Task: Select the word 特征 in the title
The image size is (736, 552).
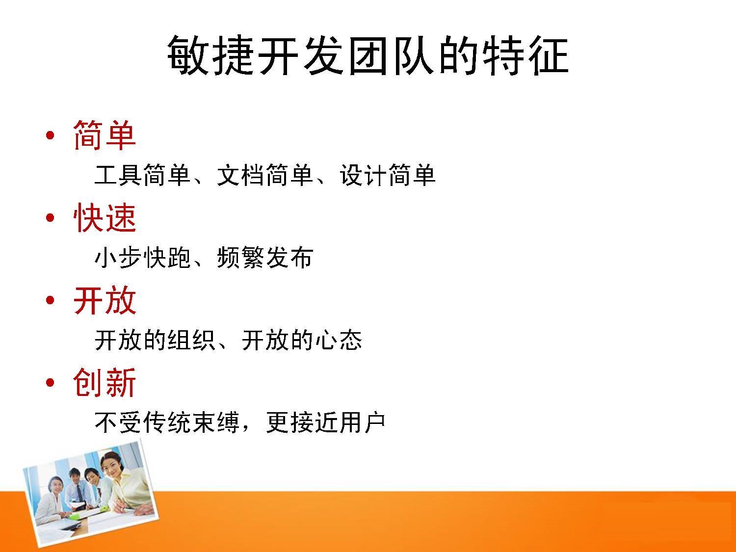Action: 526,55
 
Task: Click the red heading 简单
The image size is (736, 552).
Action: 105,135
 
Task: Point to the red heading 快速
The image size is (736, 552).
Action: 105,218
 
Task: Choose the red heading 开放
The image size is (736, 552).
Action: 105,300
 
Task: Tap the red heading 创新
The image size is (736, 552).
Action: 105,382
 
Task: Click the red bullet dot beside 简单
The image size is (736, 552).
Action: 51,136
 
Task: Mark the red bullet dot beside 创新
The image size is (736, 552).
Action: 51,383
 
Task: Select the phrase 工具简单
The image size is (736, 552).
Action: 142,175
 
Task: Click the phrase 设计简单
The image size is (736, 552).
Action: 388,175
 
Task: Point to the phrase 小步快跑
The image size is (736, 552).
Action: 142,258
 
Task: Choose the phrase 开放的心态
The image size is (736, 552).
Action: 302,340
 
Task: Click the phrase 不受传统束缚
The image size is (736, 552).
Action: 167,422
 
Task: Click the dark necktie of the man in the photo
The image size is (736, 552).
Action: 80,492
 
